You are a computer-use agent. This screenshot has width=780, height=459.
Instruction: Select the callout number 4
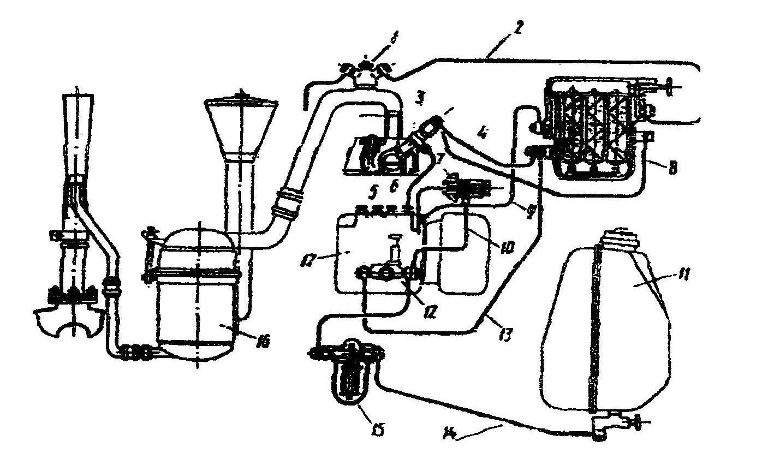pyautogui.click(x=482, y=132)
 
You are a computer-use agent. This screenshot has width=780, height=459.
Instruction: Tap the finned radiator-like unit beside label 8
pyautogui.click(x=595, y=131)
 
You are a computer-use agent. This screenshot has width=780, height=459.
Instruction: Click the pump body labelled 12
pyautogui.click(x=388, y=276)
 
